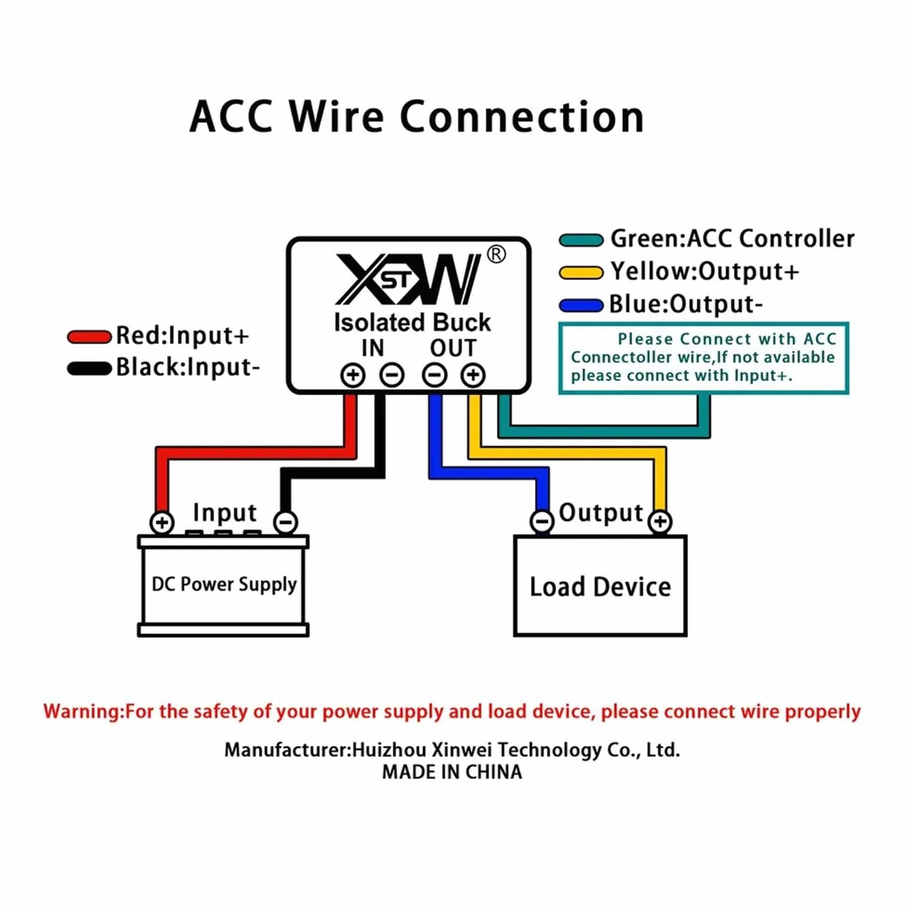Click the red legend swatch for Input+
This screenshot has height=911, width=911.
coord(89,337)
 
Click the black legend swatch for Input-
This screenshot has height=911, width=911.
coord(89,368)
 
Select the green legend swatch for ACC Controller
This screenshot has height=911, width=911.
coord(581,240)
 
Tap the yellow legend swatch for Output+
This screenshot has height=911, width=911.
coord(581,272)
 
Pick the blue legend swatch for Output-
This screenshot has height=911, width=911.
coord(581,305)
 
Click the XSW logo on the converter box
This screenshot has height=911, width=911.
coord(408,279)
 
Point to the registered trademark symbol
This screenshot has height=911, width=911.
coord(496,254)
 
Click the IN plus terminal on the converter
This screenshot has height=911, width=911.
coord(353,375)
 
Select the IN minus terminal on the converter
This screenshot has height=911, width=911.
coord(392,375)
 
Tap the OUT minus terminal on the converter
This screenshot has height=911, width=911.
coord(435,375)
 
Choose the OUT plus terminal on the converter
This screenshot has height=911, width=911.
coord(473,375)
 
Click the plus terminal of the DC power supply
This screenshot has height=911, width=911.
coord(162,522)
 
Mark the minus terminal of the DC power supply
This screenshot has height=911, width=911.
coord(285,522)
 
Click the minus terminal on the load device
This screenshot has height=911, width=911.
coord(542,521)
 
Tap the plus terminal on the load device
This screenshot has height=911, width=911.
coord(660,521)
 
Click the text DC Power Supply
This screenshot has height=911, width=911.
coord(224,584)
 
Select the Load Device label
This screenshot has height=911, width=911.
coord(600,587)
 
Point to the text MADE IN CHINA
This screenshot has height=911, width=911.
coord(452,772)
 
